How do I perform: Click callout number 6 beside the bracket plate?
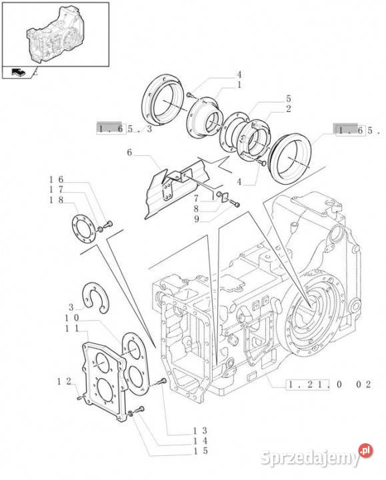coord(129,152)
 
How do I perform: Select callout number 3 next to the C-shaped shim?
coord(71,307)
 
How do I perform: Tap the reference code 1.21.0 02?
coord(329,384)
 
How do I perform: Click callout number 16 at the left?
coord(56,180)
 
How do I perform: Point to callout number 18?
coord(56,200)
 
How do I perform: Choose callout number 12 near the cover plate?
coord(64,381)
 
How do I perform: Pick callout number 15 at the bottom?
coord(201,451)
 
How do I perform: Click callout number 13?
coord(201,431)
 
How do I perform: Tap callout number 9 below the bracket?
coord(197,219)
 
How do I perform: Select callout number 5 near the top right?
coord(289,99)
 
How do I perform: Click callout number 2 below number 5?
coord(289,109)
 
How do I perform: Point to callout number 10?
coord(72,317)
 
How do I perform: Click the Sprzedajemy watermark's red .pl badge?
coord(366,450)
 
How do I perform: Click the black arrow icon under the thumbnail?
coord(18,72)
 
